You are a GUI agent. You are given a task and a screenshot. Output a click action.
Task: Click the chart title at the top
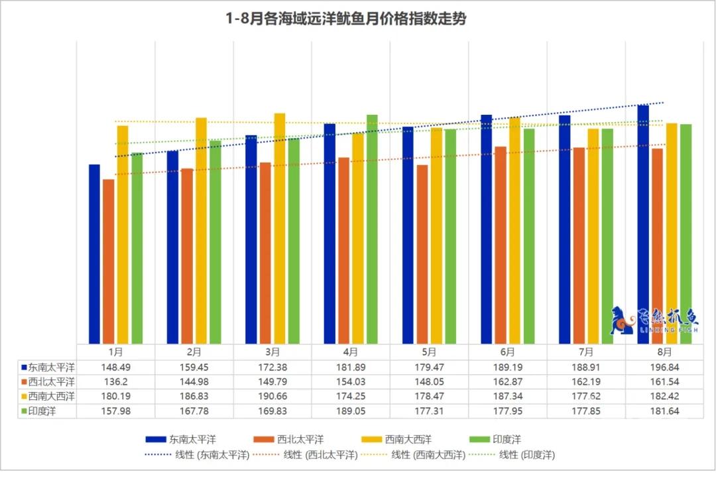tap(345, 19)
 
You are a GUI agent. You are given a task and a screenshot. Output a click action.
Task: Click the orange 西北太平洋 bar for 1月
tap(109, 261)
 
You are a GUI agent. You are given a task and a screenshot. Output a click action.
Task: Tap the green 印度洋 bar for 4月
tap(372, 229)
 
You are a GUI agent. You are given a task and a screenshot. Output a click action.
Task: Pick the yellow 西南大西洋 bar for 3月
tap(280, 228)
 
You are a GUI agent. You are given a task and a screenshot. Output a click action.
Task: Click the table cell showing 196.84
tap(664, 367)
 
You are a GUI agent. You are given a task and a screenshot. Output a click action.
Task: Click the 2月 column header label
tap(194, 352)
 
